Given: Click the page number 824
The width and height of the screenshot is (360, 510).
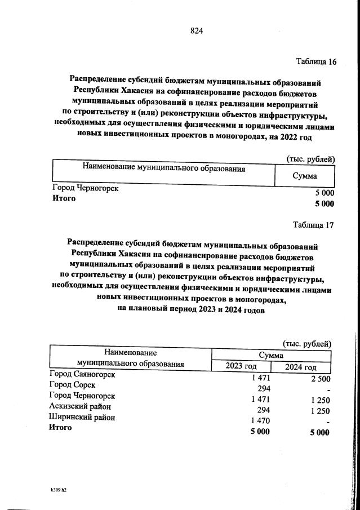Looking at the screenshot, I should pyautogui.click(x=196, y=31).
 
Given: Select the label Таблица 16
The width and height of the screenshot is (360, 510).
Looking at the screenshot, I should pyautogui.click(x=316, y=61).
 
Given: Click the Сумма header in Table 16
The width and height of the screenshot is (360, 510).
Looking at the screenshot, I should pyautogui.click(x=305, y=176).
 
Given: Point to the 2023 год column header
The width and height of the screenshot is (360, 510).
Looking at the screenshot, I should pyautogui.click(x=241, y=367).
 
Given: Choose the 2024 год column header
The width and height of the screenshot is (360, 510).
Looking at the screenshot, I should pyautogui.click(x=301, y=367).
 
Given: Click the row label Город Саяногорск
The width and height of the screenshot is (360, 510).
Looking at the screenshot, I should pyautogui.click(x=82, y=374).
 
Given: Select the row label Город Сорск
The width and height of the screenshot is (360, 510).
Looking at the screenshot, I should pyautogui.click(x=72, y=385).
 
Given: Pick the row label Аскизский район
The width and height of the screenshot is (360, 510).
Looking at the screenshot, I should pyautogui.click(x=80, y=406).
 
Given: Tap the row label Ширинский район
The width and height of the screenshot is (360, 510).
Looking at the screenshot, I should pyautogui.click(x=82, y=418).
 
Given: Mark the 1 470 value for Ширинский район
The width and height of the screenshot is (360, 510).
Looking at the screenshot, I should pyautogui.click(x=260, y=421).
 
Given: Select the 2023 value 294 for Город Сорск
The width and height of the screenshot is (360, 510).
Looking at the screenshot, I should pyautogui.click(x=264, y=389).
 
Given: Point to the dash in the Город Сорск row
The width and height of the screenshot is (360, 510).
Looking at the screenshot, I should pyautogui.click(x=327, y=391).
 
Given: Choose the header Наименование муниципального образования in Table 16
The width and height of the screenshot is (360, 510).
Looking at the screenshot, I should pyautogui.click(x=164, y=168).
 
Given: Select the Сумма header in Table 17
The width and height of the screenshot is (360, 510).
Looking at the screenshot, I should pyautogui.click(x=271, y=356).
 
